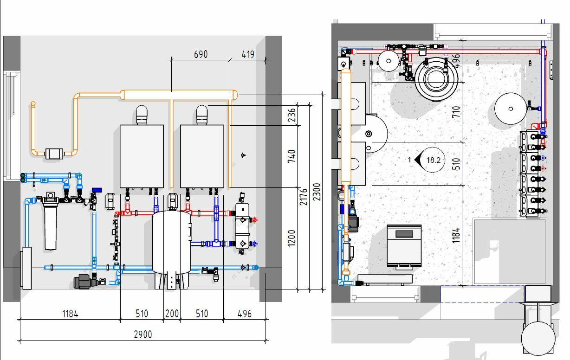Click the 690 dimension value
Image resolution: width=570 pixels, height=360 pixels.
tap(201, 54)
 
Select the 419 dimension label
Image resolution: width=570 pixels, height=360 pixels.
tap(248, 54)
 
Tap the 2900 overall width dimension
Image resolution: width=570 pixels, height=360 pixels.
tap(143, 334)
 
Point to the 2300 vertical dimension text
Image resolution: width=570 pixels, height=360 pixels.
tap(317, 192)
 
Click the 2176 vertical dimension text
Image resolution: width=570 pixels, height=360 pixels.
tap(304, 197)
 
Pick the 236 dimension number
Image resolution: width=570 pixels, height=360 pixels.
tap(292, 115)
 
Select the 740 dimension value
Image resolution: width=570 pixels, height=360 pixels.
tap(291, 156)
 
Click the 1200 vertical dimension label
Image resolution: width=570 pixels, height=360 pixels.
tap(291, 238)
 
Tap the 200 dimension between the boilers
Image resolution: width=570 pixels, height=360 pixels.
tap(172, 314)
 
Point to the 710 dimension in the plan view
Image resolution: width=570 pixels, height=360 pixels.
tap(456, 112)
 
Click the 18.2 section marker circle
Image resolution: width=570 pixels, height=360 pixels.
tap(432, 160)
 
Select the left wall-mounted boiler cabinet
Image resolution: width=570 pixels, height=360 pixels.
tap(142, 156)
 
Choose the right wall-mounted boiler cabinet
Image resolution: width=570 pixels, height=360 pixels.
tap(202, 156)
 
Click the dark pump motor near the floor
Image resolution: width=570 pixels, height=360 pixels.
tap(82, 282)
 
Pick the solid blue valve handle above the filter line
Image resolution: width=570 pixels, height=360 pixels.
tap(97, 190)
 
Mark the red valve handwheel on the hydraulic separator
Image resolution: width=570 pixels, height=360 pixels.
tap(255, 219)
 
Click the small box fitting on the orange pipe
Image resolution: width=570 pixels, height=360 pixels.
tap(54, 154)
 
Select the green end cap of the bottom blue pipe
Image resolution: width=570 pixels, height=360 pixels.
tap(256, 268)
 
